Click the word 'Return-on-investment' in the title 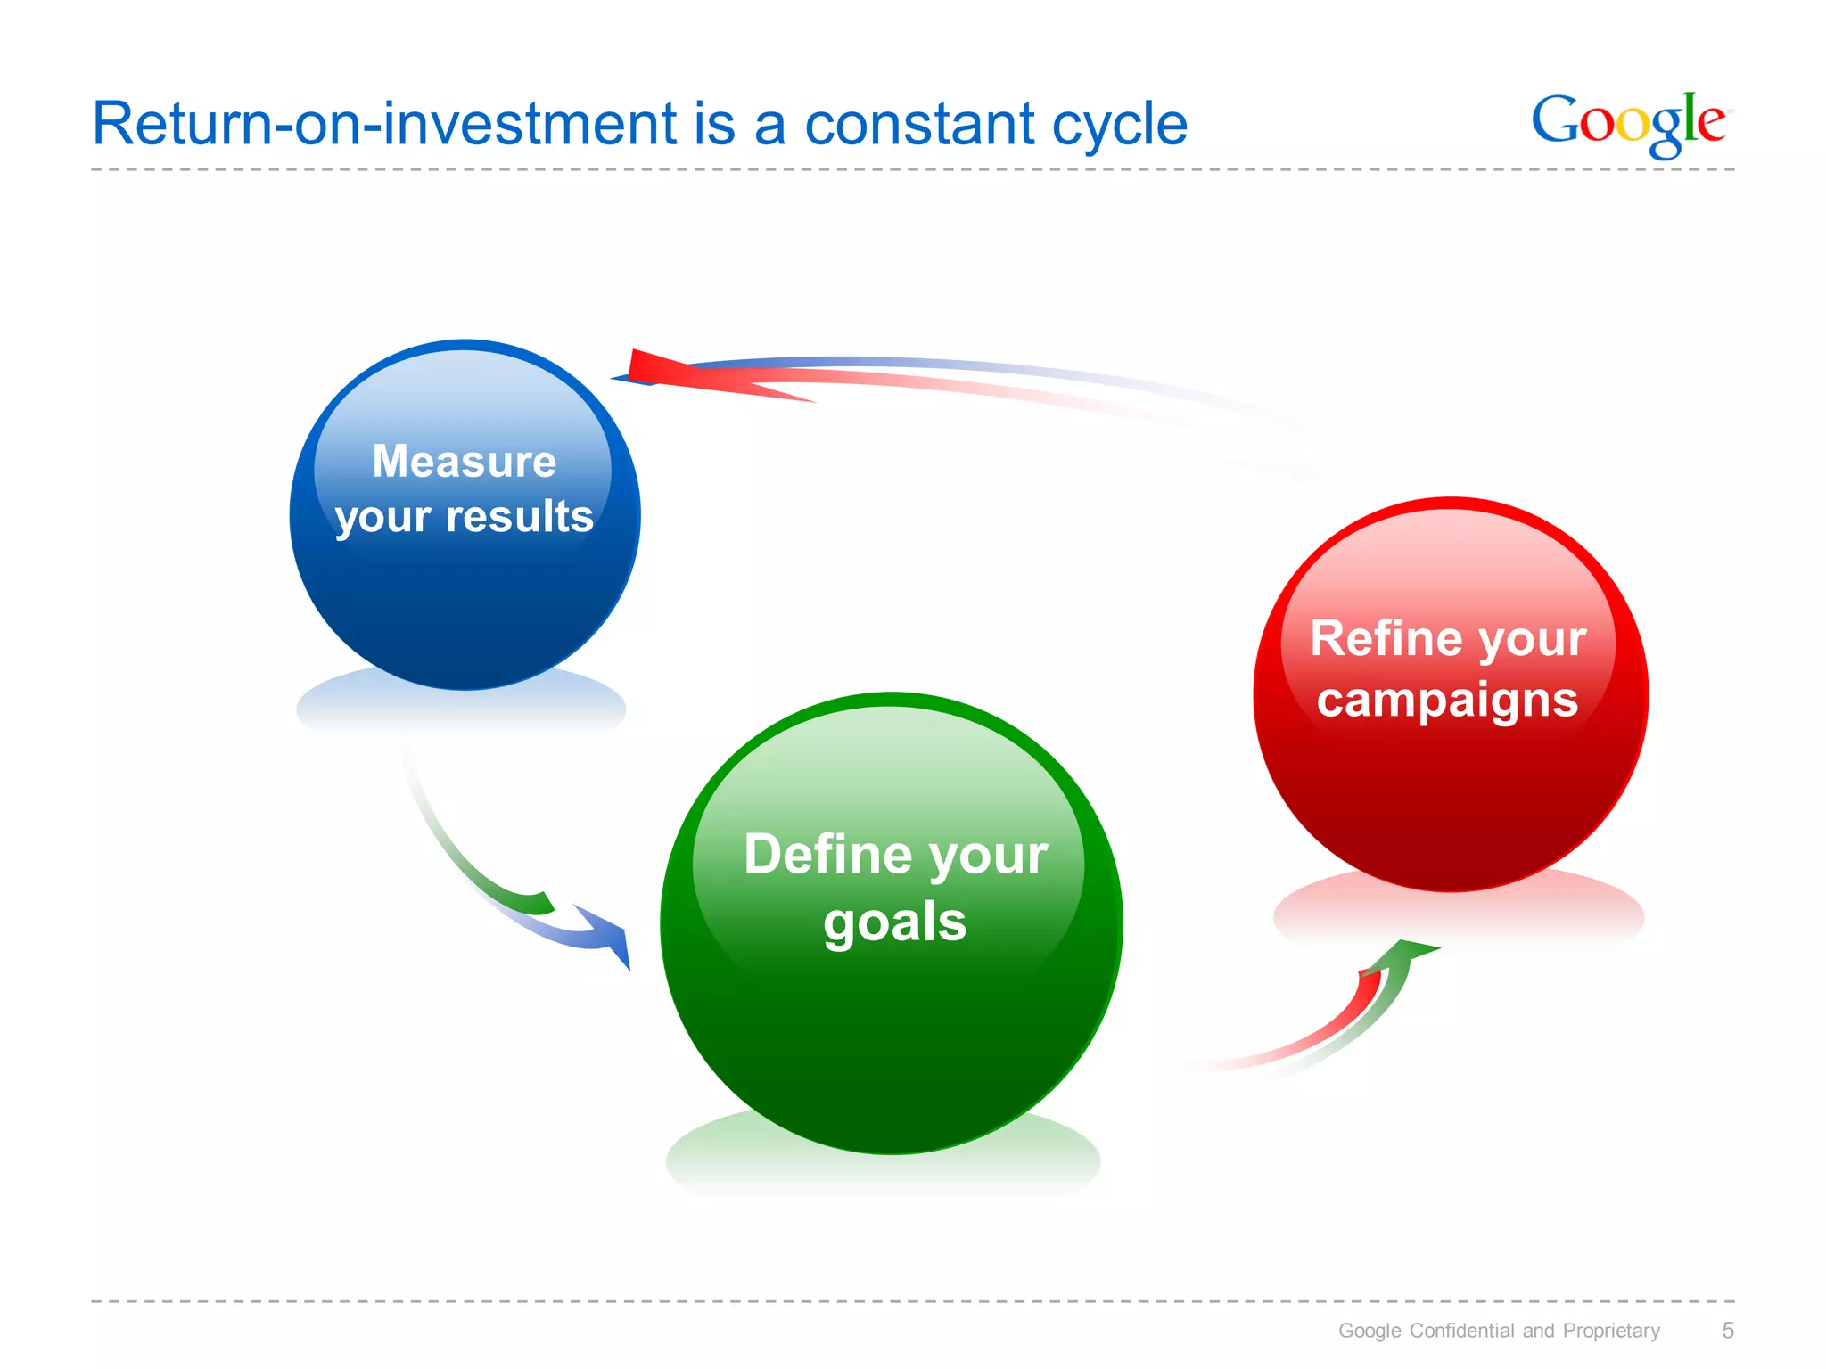384,124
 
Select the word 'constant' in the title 919,124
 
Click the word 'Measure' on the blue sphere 464,462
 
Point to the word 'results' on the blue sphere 519,516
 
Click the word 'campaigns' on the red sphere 1447,700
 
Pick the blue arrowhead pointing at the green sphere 611,936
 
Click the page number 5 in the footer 1727,1331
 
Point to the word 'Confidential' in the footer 1462,1331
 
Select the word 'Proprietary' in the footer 1611,1331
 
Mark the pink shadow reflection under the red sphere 1458,914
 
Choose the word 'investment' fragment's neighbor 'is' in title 714,124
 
